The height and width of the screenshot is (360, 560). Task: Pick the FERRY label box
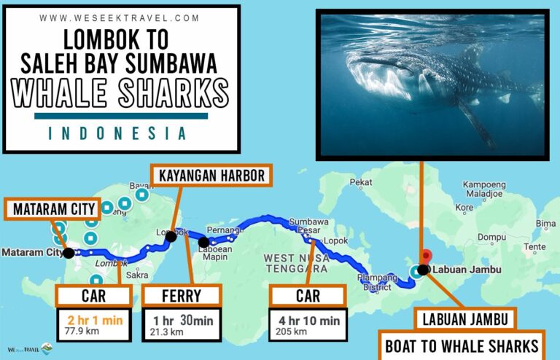(181, 295)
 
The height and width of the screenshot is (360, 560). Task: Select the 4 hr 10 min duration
(308, 320)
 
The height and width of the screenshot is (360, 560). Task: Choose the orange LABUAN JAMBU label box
(464, 318)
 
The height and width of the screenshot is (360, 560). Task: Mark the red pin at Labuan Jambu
(427, 257)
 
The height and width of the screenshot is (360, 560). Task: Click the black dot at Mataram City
(69, 253)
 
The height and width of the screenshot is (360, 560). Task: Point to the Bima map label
(545, 223)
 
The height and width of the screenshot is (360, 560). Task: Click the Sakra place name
(137, 275)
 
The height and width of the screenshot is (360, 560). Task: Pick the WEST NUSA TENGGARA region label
(295, 263)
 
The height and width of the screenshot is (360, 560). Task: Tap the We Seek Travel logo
(29, 349)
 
